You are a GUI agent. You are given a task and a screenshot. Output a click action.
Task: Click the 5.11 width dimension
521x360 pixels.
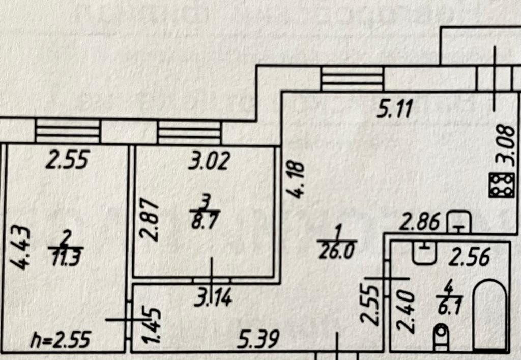tap(395, 108)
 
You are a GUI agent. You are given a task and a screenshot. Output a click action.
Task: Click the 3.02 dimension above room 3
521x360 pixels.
tap(210, 161)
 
